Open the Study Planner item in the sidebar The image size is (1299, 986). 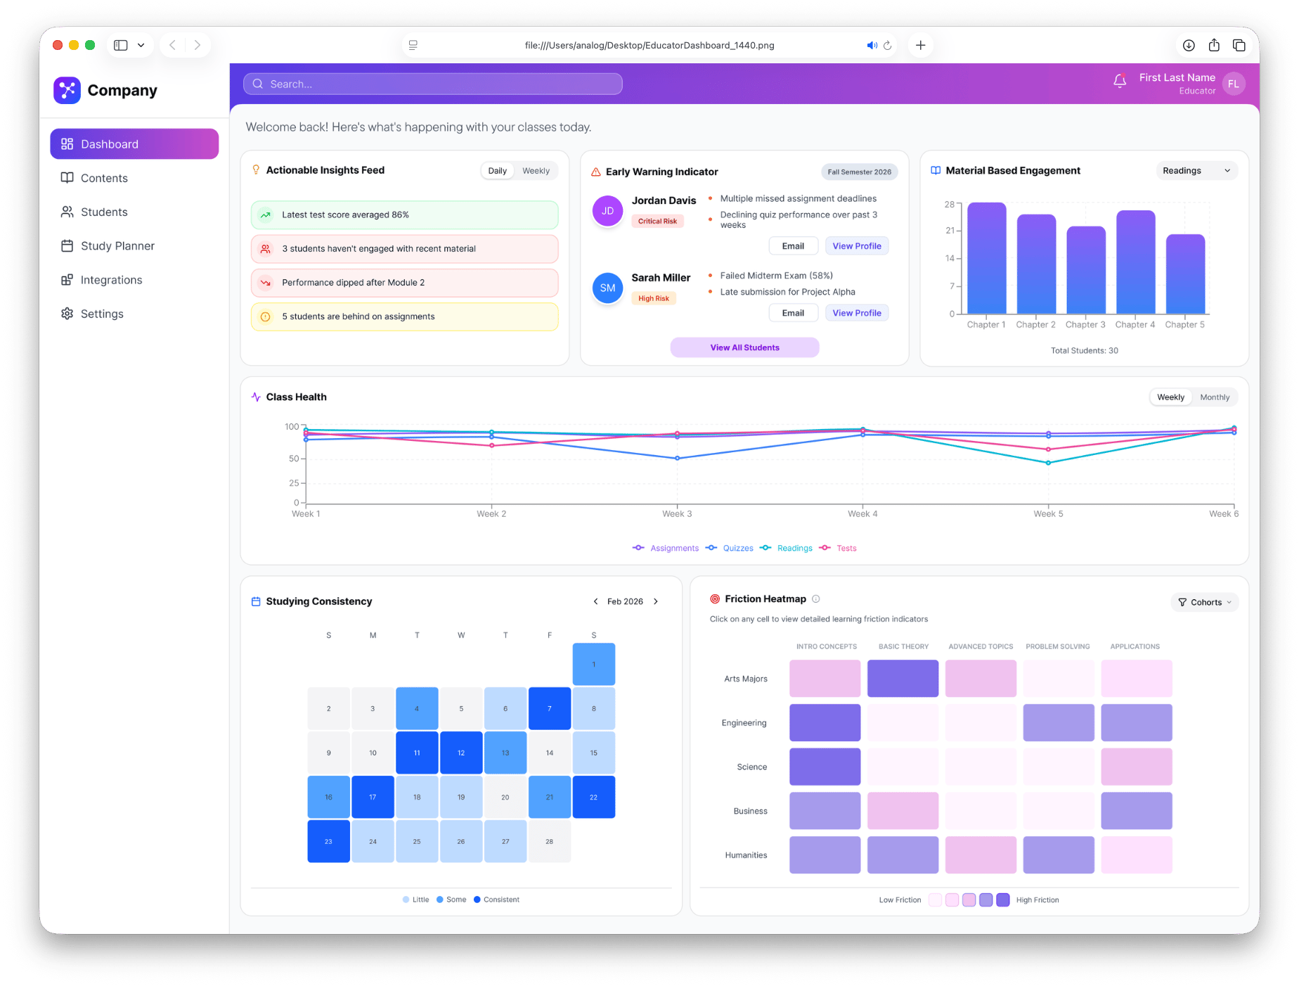[117, 246]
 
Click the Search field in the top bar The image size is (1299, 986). [432, 84]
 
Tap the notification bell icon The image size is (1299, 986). [1120, 82]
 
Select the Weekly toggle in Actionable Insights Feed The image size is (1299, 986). [536, 171]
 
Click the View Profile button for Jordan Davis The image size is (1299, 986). [856, 246]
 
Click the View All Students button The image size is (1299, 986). [744, 347]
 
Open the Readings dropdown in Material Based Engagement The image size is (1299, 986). [1196, 171]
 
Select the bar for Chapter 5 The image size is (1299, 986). [1185, 274]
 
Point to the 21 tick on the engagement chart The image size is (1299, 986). [950, 231]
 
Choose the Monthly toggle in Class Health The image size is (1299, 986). [1215, 397]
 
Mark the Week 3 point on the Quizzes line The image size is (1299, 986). [677, 459]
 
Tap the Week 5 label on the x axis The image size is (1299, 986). [1048, 514]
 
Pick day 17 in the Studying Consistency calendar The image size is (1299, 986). [373, 798]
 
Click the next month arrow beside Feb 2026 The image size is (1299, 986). [656, 602]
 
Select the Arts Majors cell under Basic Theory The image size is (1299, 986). [903, 679]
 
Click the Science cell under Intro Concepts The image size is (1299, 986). [825, 767]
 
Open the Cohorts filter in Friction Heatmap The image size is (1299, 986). [1205, 603]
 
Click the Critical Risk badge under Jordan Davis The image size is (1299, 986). [657, 222]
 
